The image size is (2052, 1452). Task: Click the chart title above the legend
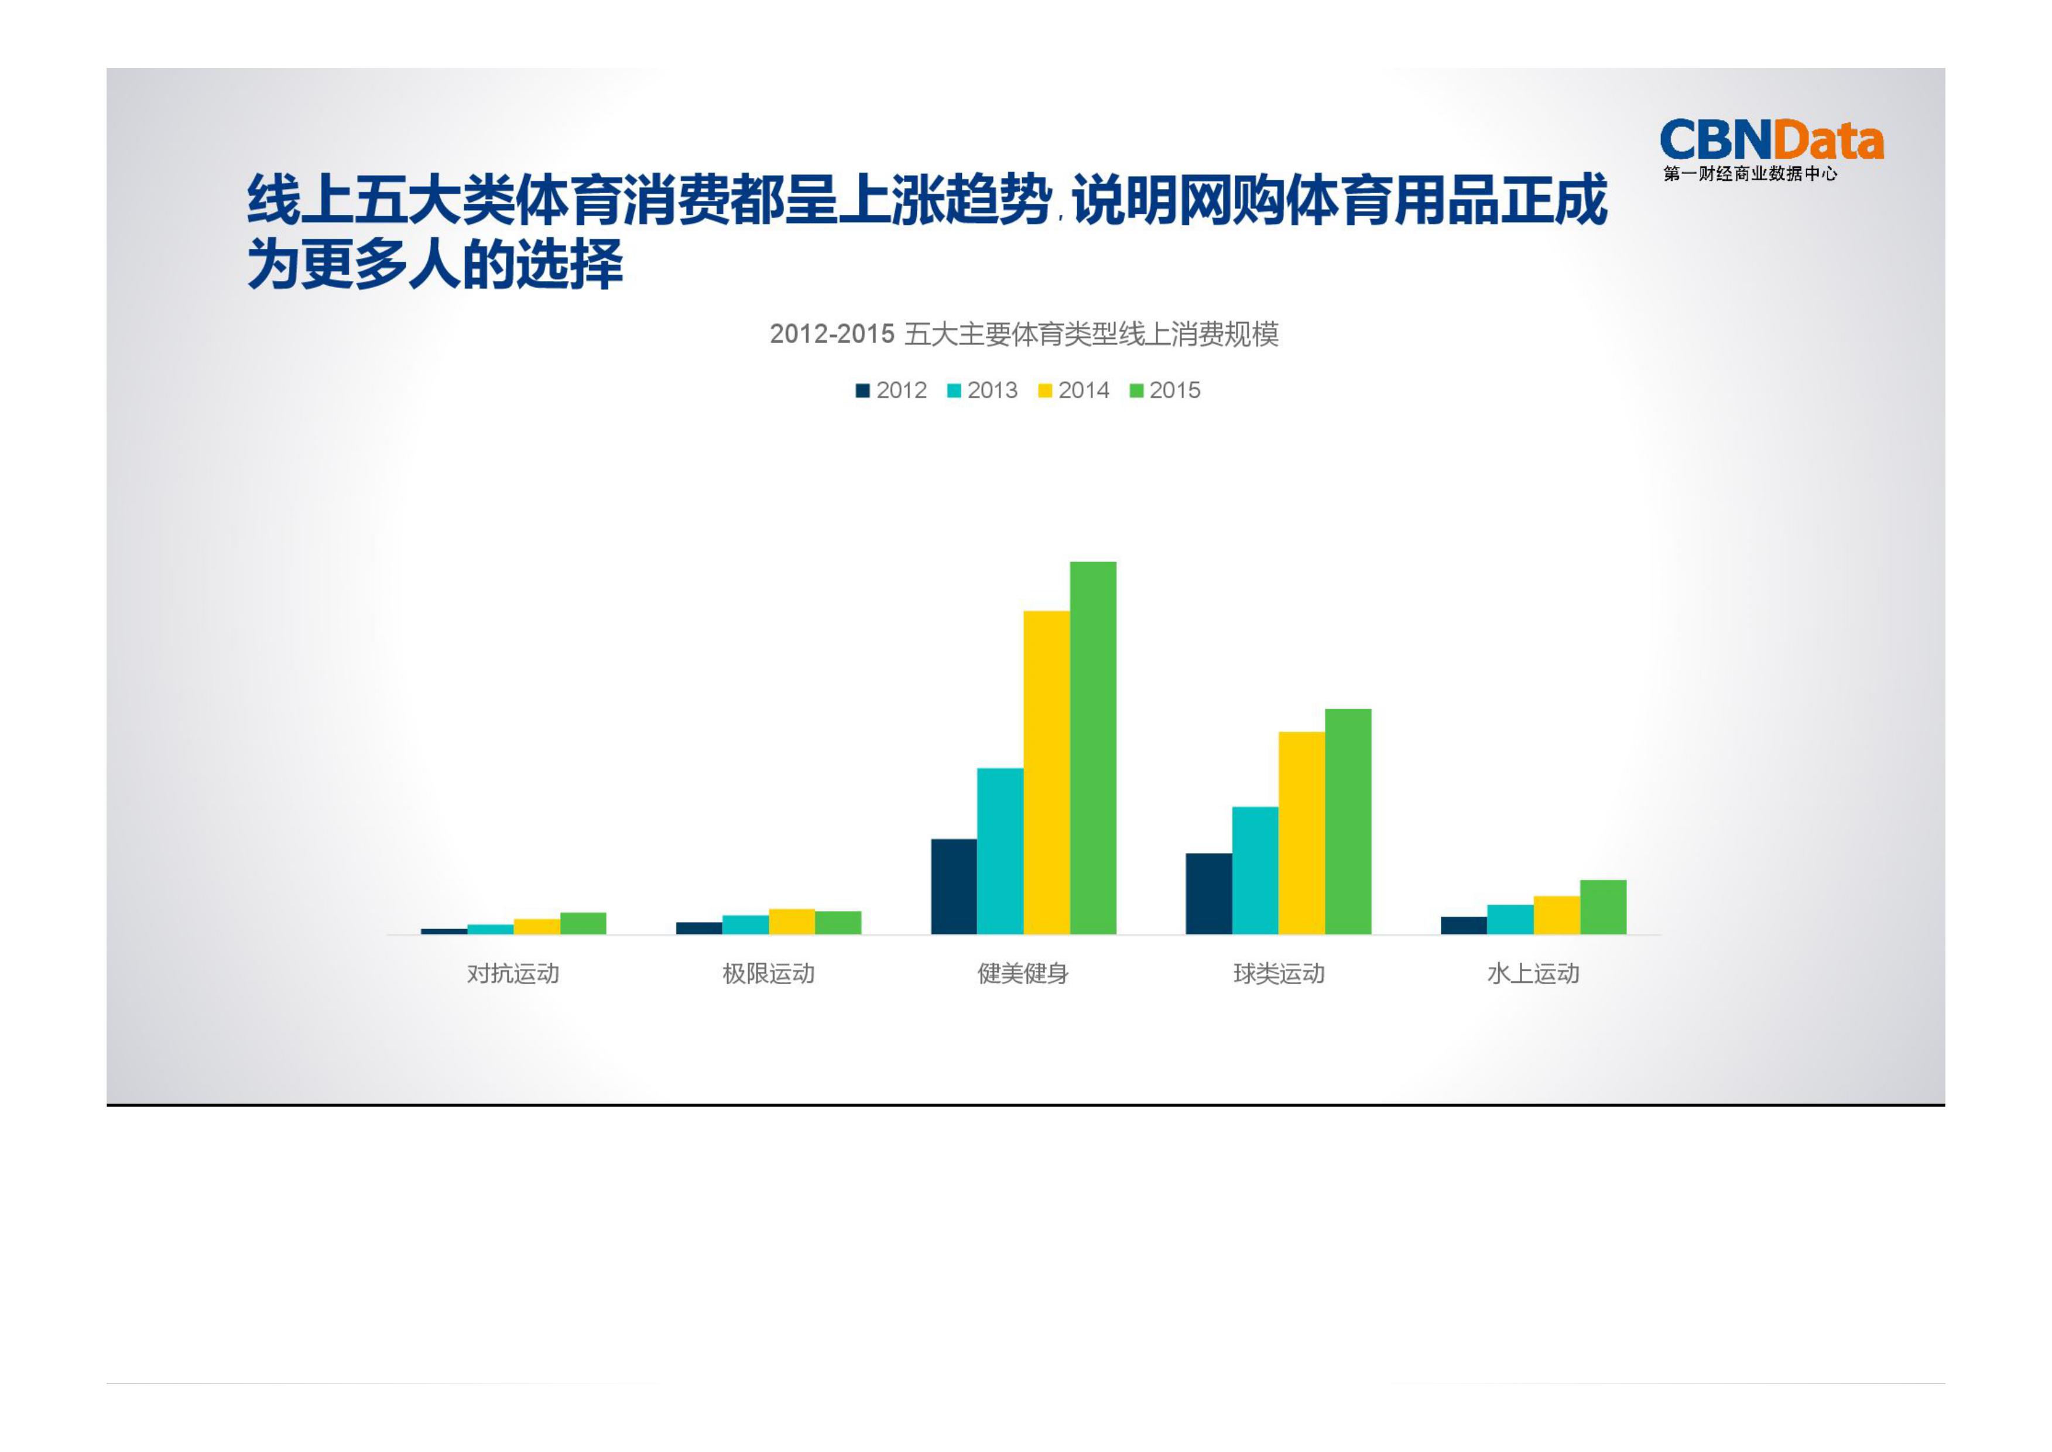(1024, 334)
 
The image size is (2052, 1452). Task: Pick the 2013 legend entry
(982, 391)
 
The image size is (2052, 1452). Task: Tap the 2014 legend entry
(1073, 391)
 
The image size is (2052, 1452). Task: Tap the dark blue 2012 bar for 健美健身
(953, 886)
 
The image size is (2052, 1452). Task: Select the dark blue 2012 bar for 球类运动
(1208, 893)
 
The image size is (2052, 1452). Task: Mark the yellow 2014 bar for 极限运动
(792, 921)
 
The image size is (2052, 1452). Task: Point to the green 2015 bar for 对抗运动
(583, 923)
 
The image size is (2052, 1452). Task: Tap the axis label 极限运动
(768, 974)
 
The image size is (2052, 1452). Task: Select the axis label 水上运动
(1533, 974)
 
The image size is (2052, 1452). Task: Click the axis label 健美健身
(1023, 974)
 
